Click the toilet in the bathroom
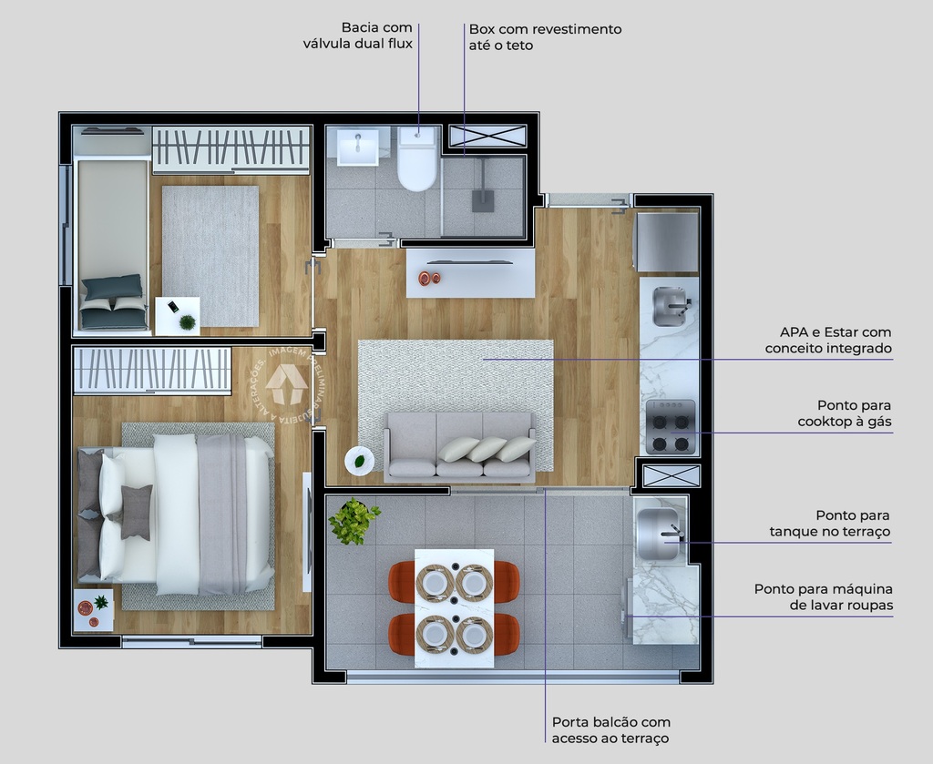418,160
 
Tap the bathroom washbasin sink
357,147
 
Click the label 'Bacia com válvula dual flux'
358,36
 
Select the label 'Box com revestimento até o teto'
545,36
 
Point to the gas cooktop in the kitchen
670,427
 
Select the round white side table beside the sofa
359,461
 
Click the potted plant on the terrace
354,522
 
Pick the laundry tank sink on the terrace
658,531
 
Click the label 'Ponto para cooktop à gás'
844,413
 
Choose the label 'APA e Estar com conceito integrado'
828,340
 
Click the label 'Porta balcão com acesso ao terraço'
610,729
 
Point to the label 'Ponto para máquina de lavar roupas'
823,596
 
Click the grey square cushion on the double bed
137,511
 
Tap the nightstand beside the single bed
177,316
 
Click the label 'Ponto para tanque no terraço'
829,524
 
